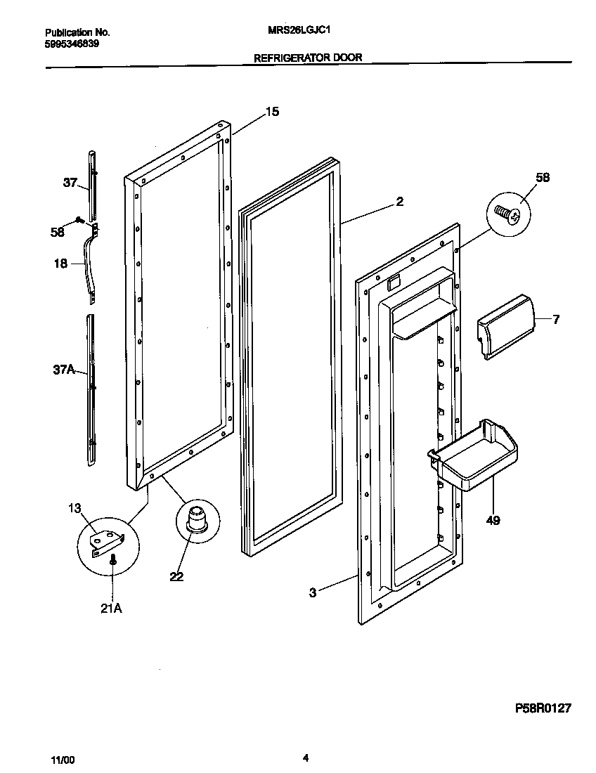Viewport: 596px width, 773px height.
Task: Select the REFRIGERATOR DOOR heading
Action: (308, 58)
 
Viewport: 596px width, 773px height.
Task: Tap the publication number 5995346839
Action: (72, 44)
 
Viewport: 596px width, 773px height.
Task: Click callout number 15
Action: (272, 111)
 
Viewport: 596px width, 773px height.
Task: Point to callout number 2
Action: (399, 202)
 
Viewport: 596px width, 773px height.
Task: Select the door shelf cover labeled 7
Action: (503, 326)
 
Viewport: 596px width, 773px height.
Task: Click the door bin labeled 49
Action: (474, 451)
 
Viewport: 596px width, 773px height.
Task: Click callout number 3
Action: (313, 592)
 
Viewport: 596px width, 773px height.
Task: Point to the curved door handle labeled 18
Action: (90, 266)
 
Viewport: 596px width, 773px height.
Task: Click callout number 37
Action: (70, 183)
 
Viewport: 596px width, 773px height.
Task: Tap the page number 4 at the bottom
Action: (305, 758)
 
